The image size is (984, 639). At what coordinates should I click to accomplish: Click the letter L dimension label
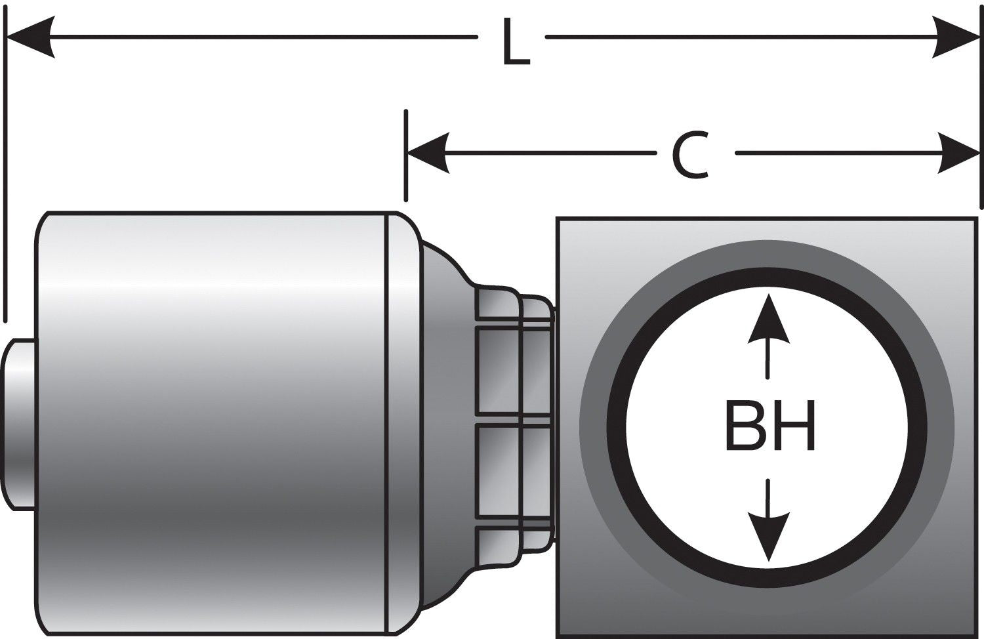pyautogui.click(x=514, y=43)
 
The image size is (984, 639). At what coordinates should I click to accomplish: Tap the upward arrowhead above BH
pyautogui.click(x=768, y=319)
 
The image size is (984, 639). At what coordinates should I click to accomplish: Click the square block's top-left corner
pyautogui.click(x=558, y=218)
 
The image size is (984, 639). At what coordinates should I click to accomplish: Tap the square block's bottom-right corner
pyautogui.click(x=976, y=635)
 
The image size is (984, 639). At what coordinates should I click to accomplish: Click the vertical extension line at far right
pyautogui.click(x=980, y=184)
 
